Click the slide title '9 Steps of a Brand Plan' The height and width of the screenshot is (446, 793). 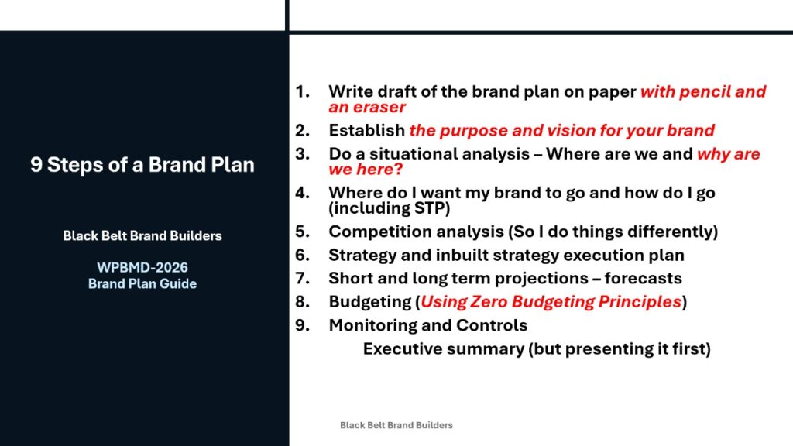pyautogui.click(x=142, y=165)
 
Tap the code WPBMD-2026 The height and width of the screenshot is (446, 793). pyautogui.click(x=142, y=267)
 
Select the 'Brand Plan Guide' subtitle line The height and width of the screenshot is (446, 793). pyautogui.click(x=142, y=283)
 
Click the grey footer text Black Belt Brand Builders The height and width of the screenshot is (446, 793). pyautogui.click(x=396, y=425)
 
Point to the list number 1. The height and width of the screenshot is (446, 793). pyautogui.click(x=303, y=91)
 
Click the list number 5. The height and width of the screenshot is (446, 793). pyautogui.click(x=303, y=232)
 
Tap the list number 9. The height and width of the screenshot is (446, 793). pyautogui.click(x=303, y=325)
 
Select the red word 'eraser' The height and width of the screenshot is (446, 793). pyautogui.click(x=379, y=107)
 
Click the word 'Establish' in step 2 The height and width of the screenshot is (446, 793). pyautogui.click(x=366, y=130)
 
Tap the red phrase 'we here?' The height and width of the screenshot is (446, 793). pyautogui.click(x=366, y=170)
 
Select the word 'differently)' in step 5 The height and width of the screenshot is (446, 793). pyautogui.click(x=673, y=232)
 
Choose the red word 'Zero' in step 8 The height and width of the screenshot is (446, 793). pyautogui.click(x=488, y=302)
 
